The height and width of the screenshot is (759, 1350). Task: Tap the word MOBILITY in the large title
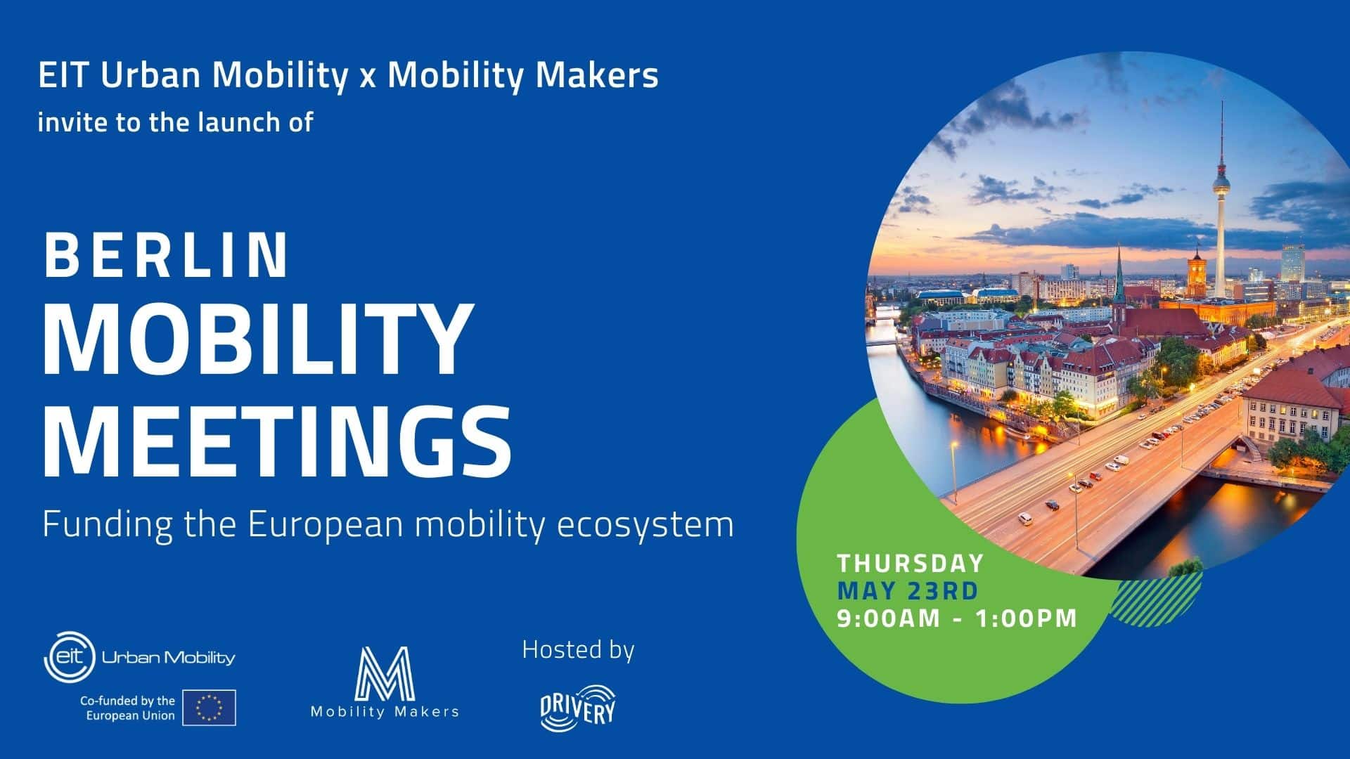coord(256,340)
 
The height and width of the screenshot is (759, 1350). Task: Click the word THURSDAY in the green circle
coord(911,563)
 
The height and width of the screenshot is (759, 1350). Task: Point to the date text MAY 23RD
coord(908,590)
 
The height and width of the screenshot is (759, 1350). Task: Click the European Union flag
coord(209,708)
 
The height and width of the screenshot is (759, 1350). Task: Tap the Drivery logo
coord(577,708)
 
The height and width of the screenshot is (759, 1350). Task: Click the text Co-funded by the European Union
coord(127,708)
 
